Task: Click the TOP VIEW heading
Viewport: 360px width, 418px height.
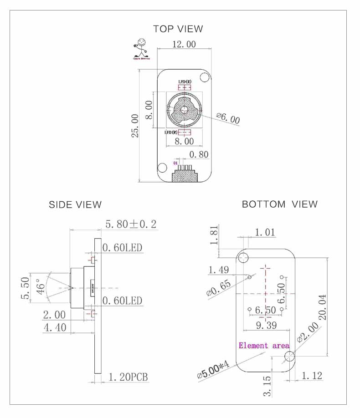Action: [178, 29]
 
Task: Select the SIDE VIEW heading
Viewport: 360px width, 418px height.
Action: [75, 205]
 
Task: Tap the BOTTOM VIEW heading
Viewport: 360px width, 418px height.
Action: [279, 204]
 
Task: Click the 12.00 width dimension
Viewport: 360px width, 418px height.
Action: [184, 44]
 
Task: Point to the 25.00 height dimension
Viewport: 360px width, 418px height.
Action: [135, 125]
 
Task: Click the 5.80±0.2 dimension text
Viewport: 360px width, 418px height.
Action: [131, 224]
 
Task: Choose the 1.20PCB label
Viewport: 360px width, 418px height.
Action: [128, 377]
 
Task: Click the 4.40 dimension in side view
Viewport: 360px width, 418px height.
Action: [55, 327]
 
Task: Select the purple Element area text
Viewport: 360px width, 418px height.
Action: [264, 346]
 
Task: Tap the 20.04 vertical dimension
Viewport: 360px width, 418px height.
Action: [323, 307]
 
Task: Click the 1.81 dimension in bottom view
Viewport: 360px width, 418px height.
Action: [215, 235]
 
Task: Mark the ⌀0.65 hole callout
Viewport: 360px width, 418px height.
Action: [219, 288]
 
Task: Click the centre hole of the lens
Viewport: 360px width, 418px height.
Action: [184, 109]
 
